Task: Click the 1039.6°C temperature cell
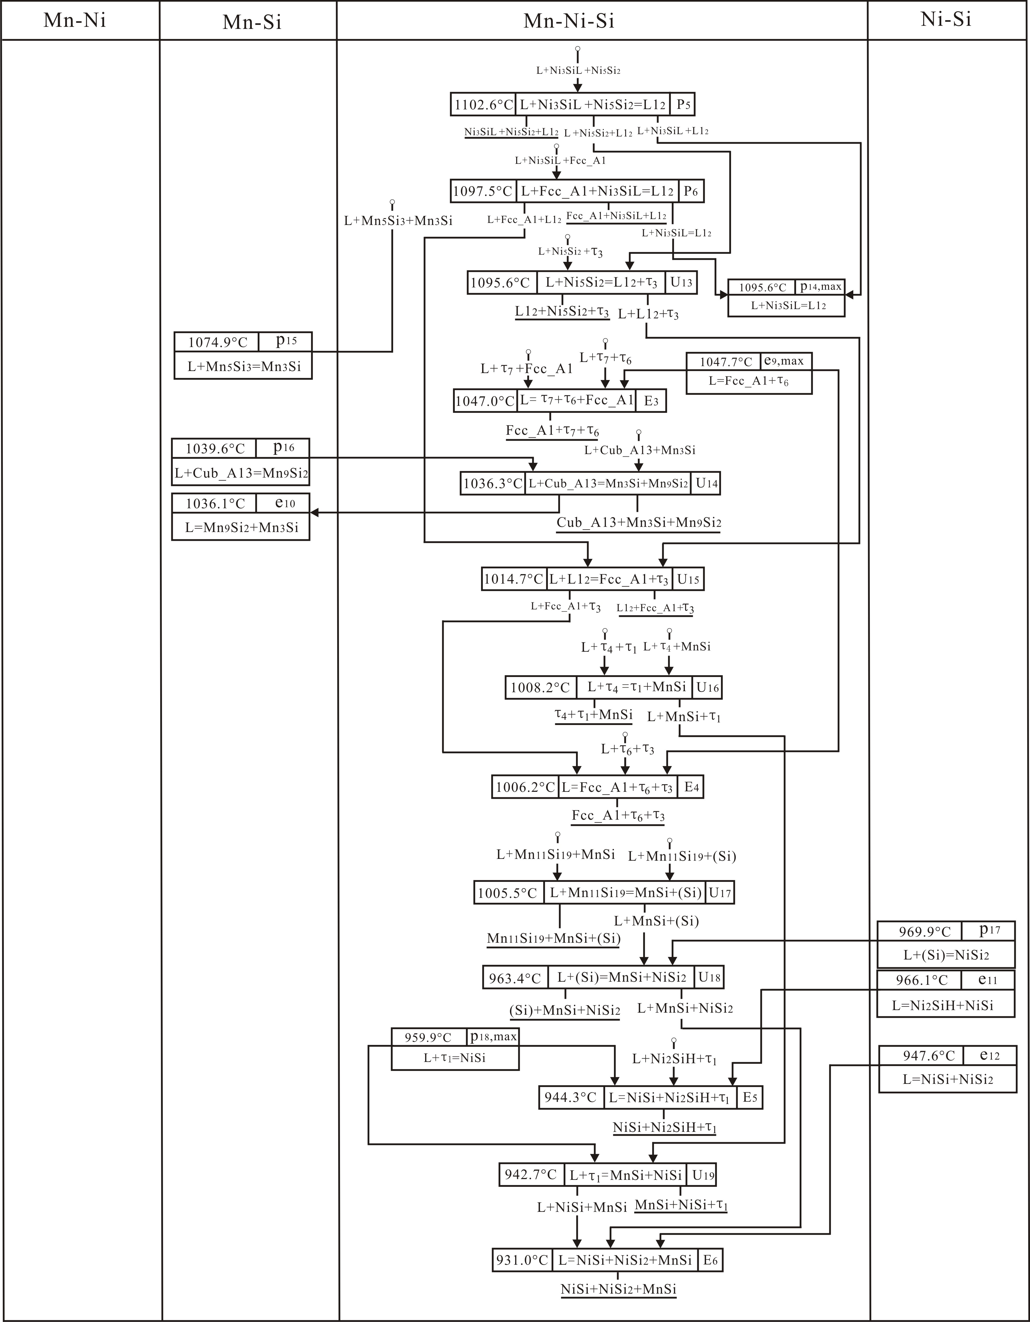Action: tap(215, 448)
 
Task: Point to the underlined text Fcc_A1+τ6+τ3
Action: tap(618, 815)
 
